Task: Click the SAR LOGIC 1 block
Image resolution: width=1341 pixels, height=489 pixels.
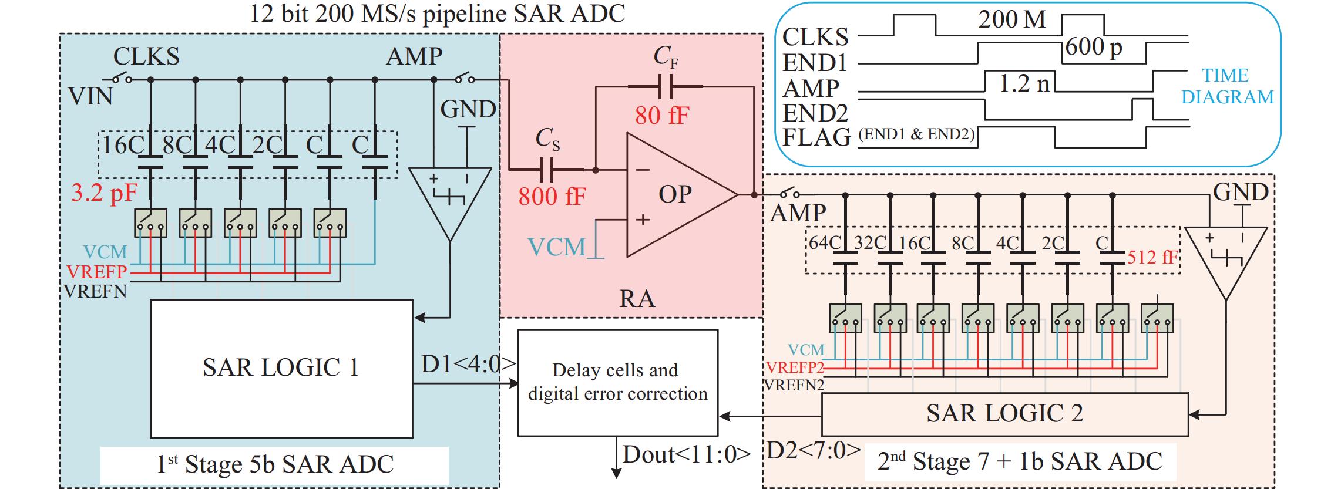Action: click(281, 368)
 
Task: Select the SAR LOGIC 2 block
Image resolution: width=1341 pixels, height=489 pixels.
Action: click(1004, 414)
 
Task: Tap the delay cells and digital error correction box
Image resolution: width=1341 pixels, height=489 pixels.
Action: click(617, 382)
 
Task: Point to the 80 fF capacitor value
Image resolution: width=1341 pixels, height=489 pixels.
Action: click(662, 116)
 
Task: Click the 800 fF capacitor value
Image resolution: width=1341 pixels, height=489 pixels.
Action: click(552, 196)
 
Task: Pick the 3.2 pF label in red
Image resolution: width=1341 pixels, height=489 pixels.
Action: click(105, 192)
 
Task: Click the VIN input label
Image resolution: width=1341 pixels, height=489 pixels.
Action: click(90, 96)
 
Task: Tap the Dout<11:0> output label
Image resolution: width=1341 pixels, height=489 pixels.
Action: click(686, 455)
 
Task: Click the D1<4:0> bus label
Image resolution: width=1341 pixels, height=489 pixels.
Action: click(468, 365)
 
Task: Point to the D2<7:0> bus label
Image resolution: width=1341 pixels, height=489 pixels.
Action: click(814, 450)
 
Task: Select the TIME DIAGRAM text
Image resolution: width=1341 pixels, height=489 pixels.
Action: click(1227, 86)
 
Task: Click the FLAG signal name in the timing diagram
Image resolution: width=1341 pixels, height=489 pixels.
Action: click(816, 137)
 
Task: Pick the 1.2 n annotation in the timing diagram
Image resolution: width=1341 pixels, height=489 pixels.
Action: click(1024, 84)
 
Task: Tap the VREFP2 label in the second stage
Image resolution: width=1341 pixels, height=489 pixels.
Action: click(795, 368)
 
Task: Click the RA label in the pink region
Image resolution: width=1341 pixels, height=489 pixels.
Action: click(637, 299)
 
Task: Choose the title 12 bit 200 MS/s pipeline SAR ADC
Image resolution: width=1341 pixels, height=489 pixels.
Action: click(438, 13)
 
